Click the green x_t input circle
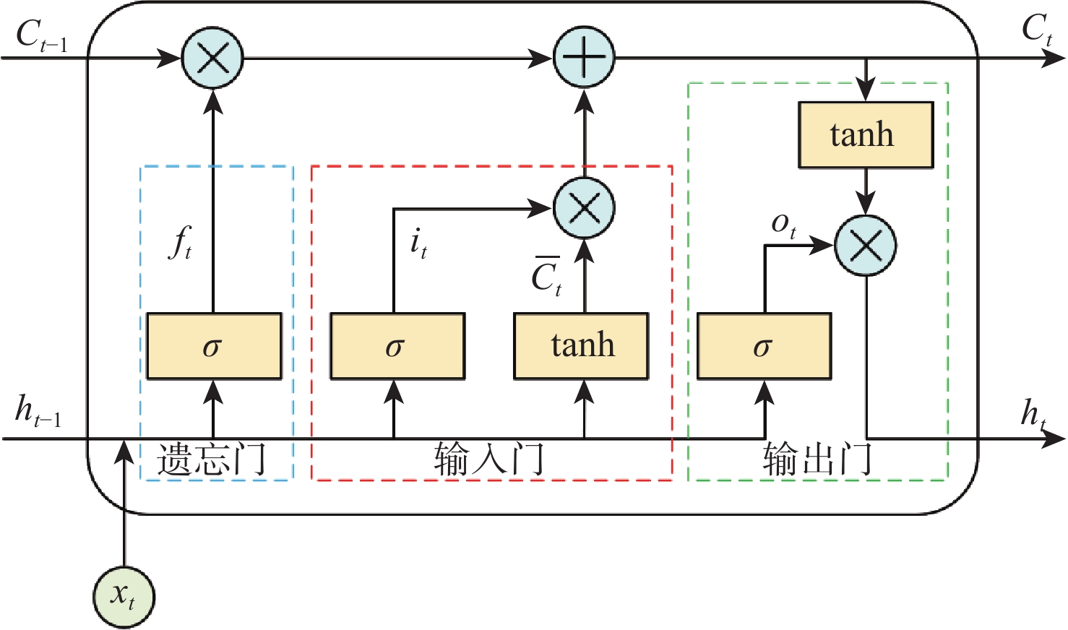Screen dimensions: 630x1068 pyautogui.click(x=124, y=597)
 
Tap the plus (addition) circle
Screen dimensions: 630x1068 pyautogui.click(x=584, y=58)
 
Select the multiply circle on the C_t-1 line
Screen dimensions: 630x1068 pyautogui.click(x=212, y=58)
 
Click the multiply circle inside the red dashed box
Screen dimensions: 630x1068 pyautogui.click(x=584, y=209)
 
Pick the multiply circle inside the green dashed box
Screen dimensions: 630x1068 pyautogui.click(x=866, y=246)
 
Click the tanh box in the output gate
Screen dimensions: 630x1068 pyautogui.click(x=866, y=135)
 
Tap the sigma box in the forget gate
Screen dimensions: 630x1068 pyautogui.click(x=214, y=346)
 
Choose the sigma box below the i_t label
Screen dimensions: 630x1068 pyautogui.click(x=397, y=346)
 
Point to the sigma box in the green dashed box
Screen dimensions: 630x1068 pyautogui.click(x=764, y=346)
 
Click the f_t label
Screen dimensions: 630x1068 pyautogui.click(x=181, y=243)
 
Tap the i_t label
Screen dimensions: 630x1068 pyautogui.click(x=418, y=243)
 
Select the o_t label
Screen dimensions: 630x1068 pyautogui.click(x=783, y=225)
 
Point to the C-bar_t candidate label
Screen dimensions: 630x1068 pyautogui.click(x=546, y=276)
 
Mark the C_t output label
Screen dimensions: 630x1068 pyautogui.click(x=1037, y=30)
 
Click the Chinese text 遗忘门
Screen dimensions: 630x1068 pyautogui.click(x=212, y=459)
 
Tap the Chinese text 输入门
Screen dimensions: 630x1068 pyautogui.click(x=489, y=459)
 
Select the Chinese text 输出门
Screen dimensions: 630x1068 pyautogui.click(x=817, y=459)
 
